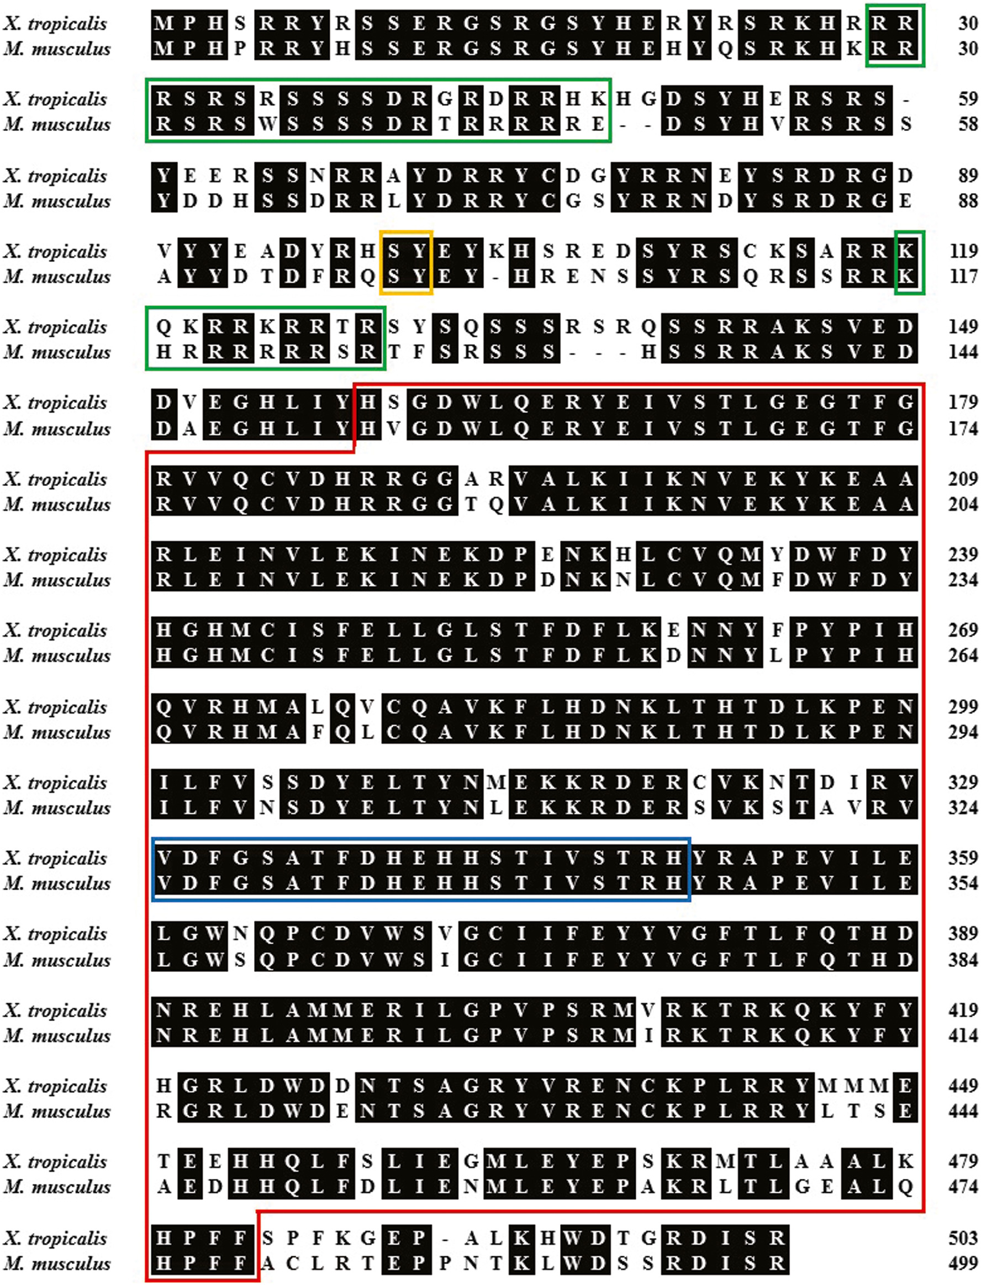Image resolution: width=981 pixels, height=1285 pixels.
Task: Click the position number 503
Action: [x=963, y=1238]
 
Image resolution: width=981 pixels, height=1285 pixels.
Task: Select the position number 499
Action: [x=963, y=1263]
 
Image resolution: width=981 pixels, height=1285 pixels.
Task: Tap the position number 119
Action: [x=963, y=251]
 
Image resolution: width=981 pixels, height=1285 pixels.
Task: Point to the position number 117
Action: [x=963, y=276]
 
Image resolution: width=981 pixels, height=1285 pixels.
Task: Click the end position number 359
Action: [x=963, y=858]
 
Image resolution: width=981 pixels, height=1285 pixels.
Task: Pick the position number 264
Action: [x=963, y=655]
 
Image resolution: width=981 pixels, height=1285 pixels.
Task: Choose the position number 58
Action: [x=968, y=124]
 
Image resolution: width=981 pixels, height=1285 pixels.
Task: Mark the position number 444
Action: [x=963, y=1111]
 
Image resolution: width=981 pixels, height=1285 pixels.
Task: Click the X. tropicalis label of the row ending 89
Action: [x=55, y=176]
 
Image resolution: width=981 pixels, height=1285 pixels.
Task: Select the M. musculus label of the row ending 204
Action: [x=57, y=504]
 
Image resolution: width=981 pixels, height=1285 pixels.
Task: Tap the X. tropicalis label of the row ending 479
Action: [x=55, y=1162]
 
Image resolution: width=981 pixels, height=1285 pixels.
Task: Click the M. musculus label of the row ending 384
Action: [x=57, y=960]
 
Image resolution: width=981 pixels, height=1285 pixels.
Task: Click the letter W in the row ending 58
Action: [x=267, y=124]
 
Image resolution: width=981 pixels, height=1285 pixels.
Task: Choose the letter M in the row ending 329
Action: [x=496, y=782]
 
